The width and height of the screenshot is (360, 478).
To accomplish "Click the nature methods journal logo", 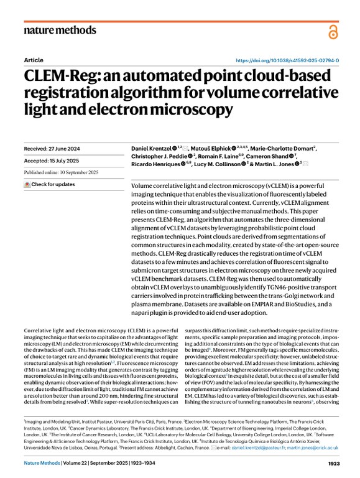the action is click(x=60, y=30).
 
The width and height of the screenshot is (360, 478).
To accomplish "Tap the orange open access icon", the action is click(x=333, y=30).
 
